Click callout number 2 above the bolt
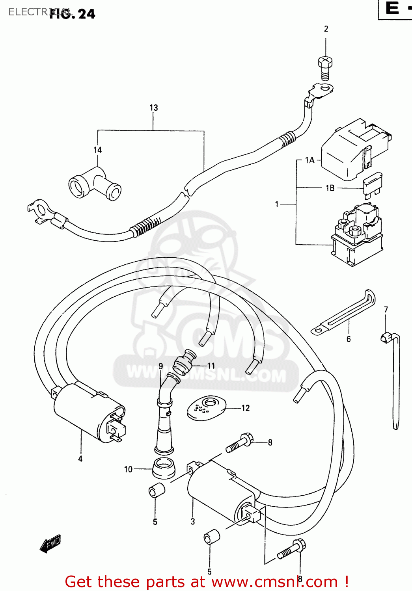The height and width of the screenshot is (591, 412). click(x=326, y=29)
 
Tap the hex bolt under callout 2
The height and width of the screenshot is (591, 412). click(x=325, y=68)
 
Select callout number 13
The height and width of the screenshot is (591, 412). click(x=153, y=108)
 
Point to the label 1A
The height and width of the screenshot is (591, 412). click(x=310, y=160)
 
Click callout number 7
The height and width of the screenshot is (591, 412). click(x=386, y=310)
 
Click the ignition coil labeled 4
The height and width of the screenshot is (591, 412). click(x=89, y=412)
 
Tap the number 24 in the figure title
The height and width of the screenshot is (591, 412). click(x=86, y=14)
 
